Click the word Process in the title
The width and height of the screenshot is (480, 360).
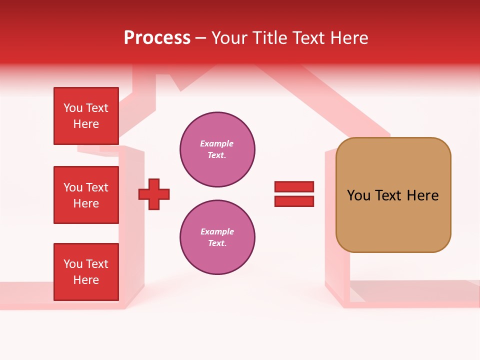click(157, 38)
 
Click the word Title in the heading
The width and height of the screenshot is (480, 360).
click(270, 38)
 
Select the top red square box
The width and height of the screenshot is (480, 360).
click(86, 116)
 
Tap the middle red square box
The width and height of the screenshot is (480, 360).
click(86, 195)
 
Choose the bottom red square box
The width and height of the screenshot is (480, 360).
click(86, 272)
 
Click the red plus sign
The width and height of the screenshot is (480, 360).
click(154, 194)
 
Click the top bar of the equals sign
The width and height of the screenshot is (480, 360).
click(294, 187)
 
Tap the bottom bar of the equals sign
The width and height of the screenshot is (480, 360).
click(294, 201)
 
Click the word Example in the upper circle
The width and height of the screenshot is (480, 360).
click(217, 143)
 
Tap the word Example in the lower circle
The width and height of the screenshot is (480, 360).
click(217, 231)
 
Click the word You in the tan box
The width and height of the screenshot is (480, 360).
click(358, 195)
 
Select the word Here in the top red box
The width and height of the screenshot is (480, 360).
click(86, 124)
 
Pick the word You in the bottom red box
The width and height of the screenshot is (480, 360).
click(73, 264)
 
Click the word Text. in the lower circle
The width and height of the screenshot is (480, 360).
click(217, 243)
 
